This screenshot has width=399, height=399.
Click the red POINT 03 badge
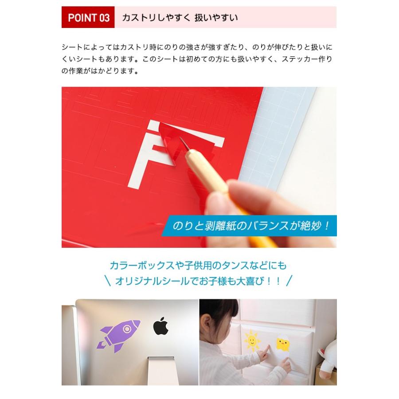click(x=88, y=18)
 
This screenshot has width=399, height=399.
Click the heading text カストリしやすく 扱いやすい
click(x=180, y=18)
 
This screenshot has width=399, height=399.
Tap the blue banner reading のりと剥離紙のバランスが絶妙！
click(x=252, y=226)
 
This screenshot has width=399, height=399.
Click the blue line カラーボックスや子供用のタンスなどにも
click(x=198, y=266)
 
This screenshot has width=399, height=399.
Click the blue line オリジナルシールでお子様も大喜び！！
click(x=198, y=281)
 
